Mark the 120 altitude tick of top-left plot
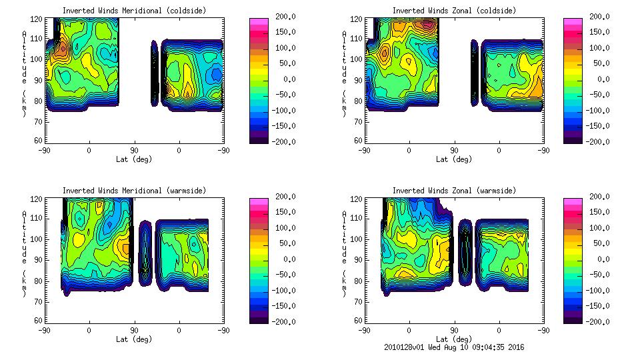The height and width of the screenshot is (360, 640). tap(39, 20)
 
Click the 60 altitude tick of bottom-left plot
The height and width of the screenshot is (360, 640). tap(39, 320)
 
